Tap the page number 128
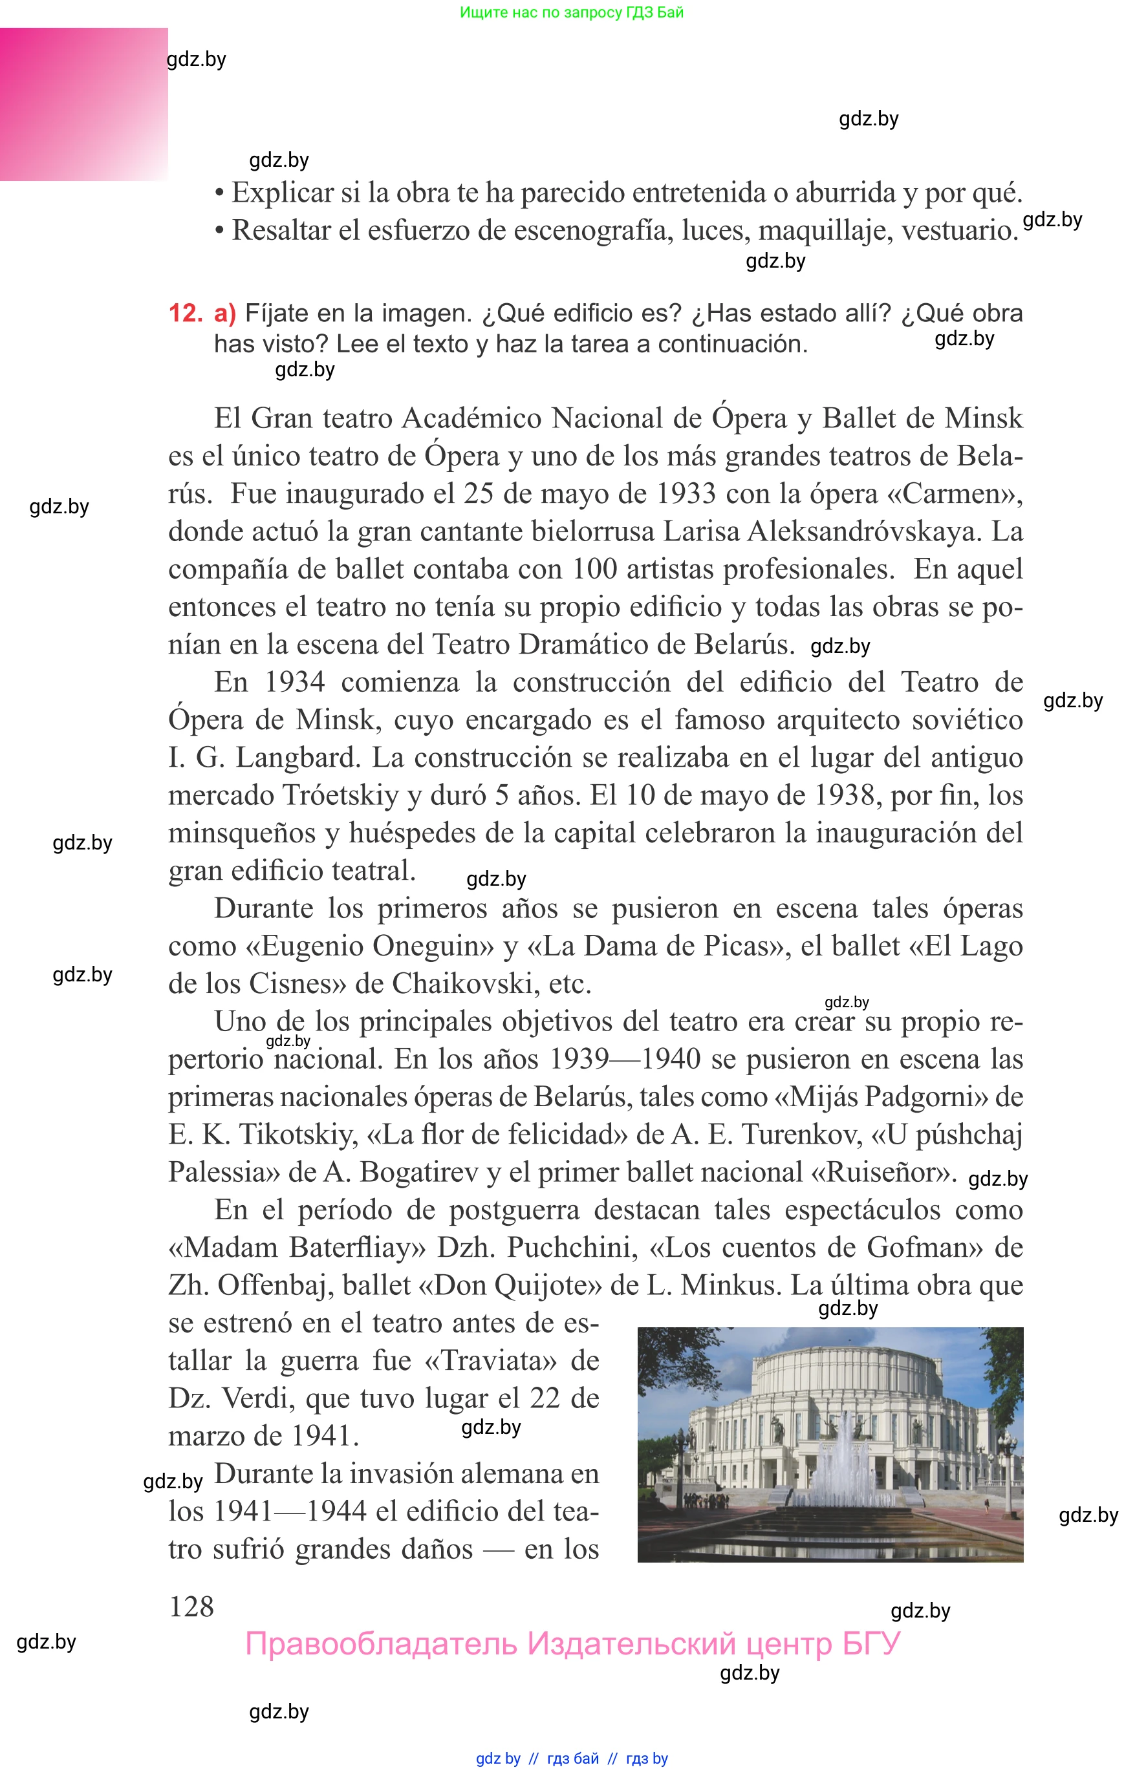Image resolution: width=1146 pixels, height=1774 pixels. click(x=191, y=1606)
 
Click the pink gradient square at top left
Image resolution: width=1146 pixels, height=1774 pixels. click(x=83, y=104)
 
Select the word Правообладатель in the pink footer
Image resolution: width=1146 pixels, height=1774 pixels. click(x=380, y=1644)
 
